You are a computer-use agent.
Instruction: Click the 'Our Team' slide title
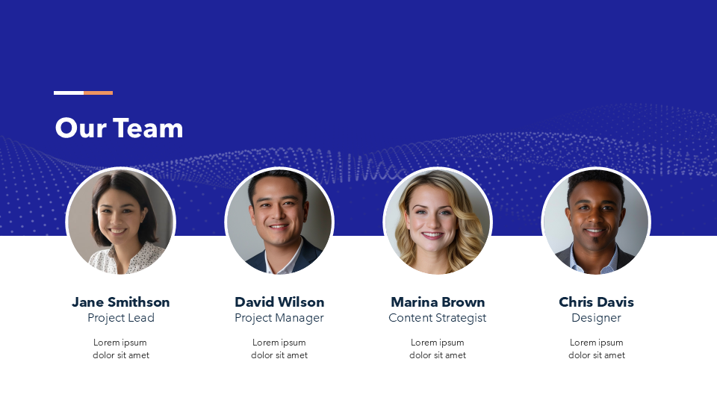pos(119,128)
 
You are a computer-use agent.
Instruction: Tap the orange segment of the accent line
pos(99,93)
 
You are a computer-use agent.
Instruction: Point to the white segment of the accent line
pos(69,93)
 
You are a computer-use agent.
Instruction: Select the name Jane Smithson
pos(121,302)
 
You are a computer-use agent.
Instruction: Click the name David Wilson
pos(279,302)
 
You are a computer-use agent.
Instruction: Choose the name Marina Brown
pos(438,302)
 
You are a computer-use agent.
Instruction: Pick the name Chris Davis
pos(596,302)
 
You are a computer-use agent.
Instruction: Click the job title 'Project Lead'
pos(121,318)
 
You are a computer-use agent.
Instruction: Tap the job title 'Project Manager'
pos(279,318)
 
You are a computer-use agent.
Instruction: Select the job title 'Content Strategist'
pos(438,318)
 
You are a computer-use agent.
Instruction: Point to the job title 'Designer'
pos(596,318)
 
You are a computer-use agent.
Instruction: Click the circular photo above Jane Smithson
pos(121,222)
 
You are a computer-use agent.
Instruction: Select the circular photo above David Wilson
pos(279,222)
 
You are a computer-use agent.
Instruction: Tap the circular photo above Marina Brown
pos(438,222)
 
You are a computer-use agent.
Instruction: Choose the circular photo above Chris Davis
pos(596,222)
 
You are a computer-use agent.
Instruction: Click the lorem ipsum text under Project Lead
pos(121,349)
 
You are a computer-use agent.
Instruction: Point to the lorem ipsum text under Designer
pos(596,349)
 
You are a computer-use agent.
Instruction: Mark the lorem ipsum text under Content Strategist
pos(438,349)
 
